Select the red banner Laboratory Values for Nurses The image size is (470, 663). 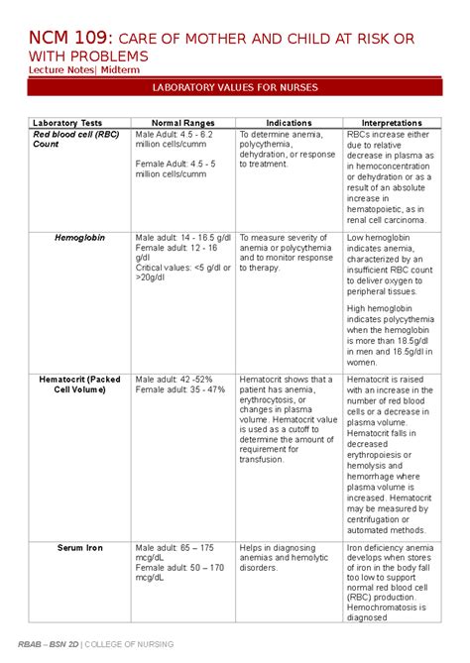tap(234, 88)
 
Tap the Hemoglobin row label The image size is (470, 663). tap(79, 238)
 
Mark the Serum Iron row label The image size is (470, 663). tap(80, 548)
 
